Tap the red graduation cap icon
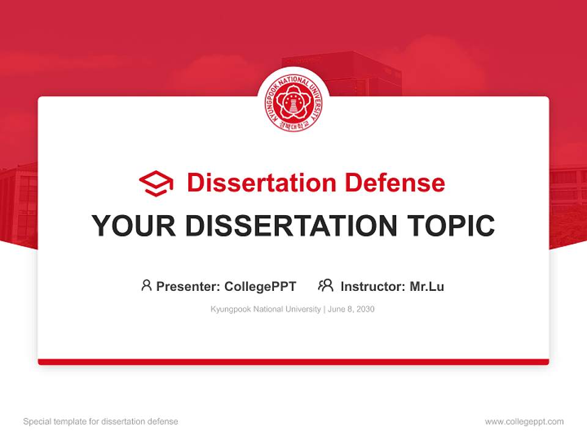click(156, 183)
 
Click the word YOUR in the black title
click(125, 226)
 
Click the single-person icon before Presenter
click(146, 285)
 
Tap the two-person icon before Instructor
click(325, 285)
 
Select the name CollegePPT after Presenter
click(260, 286)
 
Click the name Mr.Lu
click(427, 286)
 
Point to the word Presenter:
click(188, 286)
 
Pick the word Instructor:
click(373, 286)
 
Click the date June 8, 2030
click(351, 309)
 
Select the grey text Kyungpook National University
click(265, 309)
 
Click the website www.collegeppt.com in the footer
click(524, 422)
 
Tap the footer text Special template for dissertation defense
click(101, 422)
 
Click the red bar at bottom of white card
click(293, 362)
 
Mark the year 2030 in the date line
click(365, 309)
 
